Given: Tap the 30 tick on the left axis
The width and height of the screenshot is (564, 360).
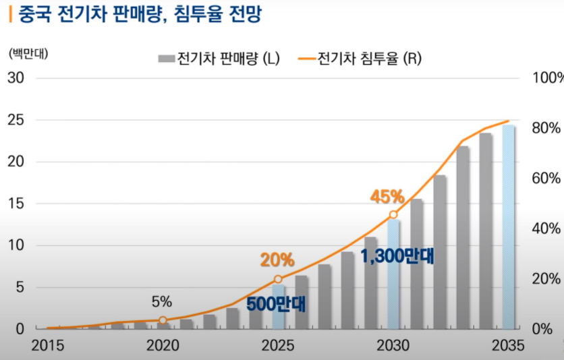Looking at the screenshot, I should click(x=16, y=78).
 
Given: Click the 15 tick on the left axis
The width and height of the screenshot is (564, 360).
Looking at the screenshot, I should click(x=16, y=204).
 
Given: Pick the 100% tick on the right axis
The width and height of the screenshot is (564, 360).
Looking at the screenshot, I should click(x=547, y=78).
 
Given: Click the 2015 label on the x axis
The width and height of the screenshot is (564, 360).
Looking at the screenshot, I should click(x=48, y=346).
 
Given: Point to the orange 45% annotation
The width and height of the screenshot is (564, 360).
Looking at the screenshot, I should click(x=387, y=197).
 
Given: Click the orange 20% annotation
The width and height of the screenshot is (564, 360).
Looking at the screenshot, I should click(x=277, y=260).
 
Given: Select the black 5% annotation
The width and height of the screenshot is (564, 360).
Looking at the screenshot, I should click(x=162, y=301).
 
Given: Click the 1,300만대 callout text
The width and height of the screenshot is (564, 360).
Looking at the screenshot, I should click(x=398, y=256).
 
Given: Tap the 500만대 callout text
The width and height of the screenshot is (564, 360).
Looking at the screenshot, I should click(x=276, y=304).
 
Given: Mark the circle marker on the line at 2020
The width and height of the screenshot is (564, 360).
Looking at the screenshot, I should click(x=163, y=320).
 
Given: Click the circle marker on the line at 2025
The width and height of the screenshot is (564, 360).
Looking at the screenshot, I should click(x=278, y=279).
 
